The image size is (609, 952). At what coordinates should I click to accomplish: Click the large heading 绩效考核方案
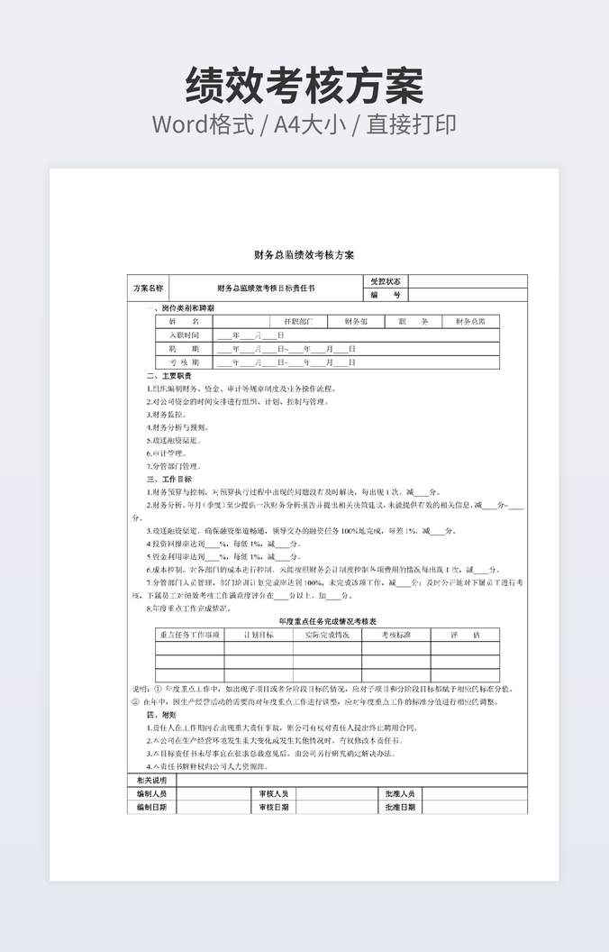point(304,87)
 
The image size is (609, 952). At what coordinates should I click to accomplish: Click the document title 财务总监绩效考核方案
point(304,256)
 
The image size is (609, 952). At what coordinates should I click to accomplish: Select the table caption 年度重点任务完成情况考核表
point(327,622)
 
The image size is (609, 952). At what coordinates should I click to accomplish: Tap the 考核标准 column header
point(395,636)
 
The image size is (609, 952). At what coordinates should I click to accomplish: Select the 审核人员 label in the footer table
point(273,794)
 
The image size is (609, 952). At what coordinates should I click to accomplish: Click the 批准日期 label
point(400,808)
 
